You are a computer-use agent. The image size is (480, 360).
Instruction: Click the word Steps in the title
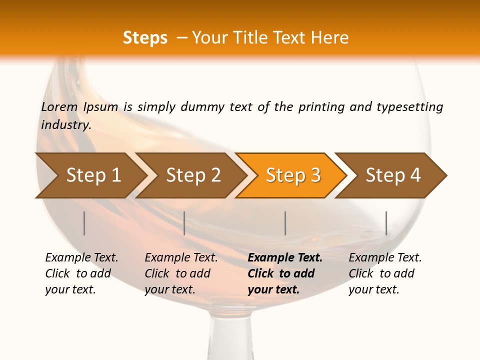pyautogui.click(x=145, y=38)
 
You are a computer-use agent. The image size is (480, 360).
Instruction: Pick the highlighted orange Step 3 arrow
pyautogui.click(x=293, y=175)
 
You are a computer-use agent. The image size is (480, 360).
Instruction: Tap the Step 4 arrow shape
pyautogui.click(x=393, y=175)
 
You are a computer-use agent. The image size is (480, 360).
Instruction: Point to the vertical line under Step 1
pyautogui.click(x=84, y=223)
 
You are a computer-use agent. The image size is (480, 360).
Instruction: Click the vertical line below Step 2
pyautogui.click(x=184, y=223)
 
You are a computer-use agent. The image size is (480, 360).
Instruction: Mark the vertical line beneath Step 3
pyautogui.click(x=285, y=223)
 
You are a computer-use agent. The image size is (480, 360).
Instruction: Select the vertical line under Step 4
pyautogui.click(x=386, y=223)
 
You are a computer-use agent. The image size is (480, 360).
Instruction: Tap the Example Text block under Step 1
pyautogui.click(x=81, y=273)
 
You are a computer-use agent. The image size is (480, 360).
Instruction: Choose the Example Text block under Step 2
pyautogui.click(x=181, y=273)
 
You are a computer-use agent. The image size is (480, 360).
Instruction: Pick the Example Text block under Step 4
pyautogui.click(x=385, y=273)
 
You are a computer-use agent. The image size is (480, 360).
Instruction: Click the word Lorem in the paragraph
pyautogui.click(x=59, y=106)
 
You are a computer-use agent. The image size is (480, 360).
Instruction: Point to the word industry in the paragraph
pyautogui.click(x=66, y=125)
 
